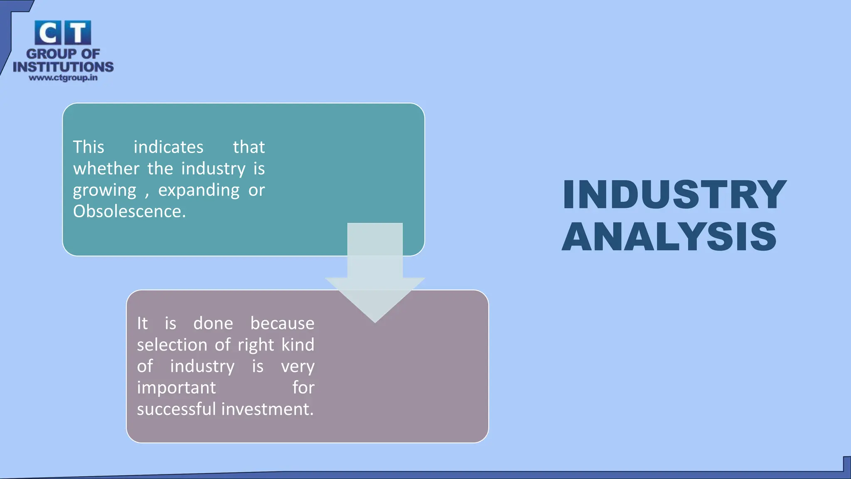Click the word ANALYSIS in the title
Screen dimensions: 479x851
click(669, 237)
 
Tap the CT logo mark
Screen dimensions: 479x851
click(63, 33)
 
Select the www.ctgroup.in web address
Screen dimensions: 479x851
click(63, 78)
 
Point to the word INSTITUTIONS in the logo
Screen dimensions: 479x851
click(63, 67)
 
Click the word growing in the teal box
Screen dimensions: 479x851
click(104, 190)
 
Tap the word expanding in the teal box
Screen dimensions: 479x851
click(199, 190)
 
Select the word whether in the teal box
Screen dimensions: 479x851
click(106, 168)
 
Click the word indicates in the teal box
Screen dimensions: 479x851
click(168, 147)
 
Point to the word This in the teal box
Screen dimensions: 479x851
click(89, 147)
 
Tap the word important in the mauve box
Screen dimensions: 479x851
click(176, 388)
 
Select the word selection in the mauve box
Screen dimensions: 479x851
click(172, 345)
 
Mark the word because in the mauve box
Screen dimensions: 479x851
click(282, 323)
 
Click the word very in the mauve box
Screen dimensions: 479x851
click(298, 366)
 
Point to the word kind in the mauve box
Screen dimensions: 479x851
click(298, 345)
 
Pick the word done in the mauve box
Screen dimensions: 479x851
click(213, 323)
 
